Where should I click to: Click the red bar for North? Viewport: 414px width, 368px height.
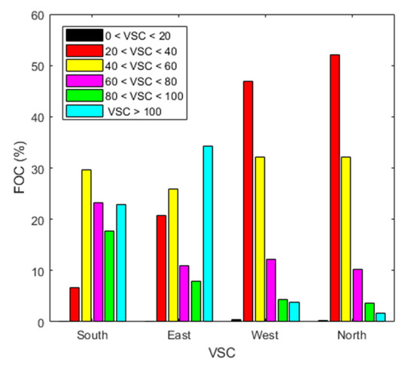point(334,188)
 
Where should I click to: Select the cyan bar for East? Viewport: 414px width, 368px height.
point(208,234)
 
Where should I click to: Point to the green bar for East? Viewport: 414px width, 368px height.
point(196,301)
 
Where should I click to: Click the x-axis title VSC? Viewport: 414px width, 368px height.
point(219,351)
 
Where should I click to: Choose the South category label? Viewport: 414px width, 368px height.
point(92,335)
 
